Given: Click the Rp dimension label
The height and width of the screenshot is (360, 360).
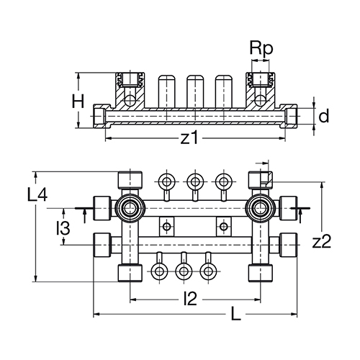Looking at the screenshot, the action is click(261, 49).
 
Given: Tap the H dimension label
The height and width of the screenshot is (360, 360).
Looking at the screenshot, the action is click(78, 101).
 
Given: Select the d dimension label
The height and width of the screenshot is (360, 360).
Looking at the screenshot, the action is click(324, 116).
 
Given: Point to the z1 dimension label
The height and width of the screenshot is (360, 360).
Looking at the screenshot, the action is click(189, 138).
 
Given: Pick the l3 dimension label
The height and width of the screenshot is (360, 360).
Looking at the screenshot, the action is click(63, 228).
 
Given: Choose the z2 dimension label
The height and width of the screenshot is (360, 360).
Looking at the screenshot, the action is click(322, 241).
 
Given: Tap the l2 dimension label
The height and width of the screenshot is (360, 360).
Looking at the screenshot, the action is click(190, 299).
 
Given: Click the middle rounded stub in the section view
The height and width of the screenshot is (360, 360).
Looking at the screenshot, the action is click(195, 91).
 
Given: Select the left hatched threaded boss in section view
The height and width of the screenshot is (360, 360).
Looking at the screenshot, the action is click(130, 90).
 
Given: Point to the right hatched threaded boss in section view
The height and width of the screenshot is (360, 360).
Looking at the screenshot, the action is click(261, 90).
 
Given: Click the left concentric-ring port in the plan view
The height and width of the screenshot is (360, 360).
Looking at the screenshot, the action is click(130, 208).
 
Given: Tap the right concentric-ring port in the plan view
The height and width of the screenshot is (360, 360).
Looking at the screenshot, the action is click(261, 208).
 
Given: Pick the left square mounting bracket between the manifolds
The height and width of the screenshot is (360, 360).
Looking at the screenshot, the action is click(166, 226).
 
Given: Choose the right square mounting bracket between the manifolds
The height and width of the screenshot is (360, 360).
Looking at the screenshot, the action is click(224, 226).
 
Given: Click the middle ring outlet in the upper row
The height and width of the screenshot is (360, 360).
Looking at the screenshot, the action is click(195, 181).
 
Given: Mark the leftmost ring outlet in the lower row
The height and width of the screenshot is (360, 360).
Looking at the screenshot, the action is click(158, 271).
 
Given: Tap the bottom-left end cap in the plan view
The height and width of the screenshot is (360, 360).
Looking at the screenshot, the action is click(130, 273).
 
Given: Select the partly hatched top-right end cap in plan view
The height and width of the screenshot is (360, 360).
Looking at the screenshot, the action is click(261, 180).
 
